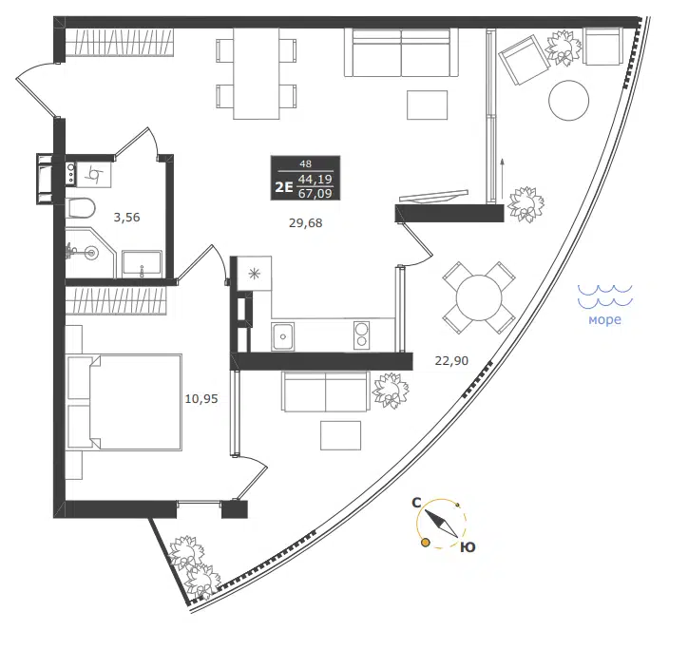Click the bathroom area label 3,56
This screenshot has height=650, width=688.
point(126,218)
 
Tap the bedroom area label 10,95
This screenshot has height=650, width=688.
point(201,399)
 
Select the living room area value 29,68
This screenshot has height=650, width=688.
point(305,223)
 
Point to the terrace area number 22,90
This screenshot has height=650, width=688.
point(451,361)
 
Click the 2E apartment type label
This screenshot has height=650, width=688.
point(283,187)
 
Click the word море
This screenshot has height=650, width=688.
point(604,319)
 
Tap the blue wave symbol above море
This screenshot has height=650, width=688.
point(605,296)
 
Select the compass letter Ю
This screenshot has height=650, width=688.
point(468,547)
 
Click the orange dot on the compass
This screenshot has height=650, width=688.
point(425,543)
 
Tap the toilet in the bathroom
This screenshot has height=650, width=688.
point(82,208)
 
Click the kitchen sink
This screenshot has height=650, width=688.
point(283,336)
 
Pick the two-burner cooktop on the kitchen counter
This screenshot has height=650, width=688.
point(361,335)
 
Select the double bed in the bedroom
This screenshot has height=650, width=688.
point(124,403)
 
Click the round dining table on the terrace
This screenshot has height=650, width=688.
point(479,298)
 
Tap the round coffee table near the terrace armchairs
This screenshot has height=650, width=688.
point(568,100)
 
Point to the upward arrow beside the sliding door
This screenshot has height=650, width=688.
point(503,179)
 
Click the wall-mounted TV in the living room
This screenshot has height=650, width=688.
point(433,196)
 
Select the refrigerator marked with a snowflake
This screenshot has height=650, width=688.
point(255,274)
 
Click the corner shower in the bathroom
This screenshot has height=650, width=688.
point(90,253)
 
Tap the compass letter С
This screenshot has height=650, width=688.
point(417,503)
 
